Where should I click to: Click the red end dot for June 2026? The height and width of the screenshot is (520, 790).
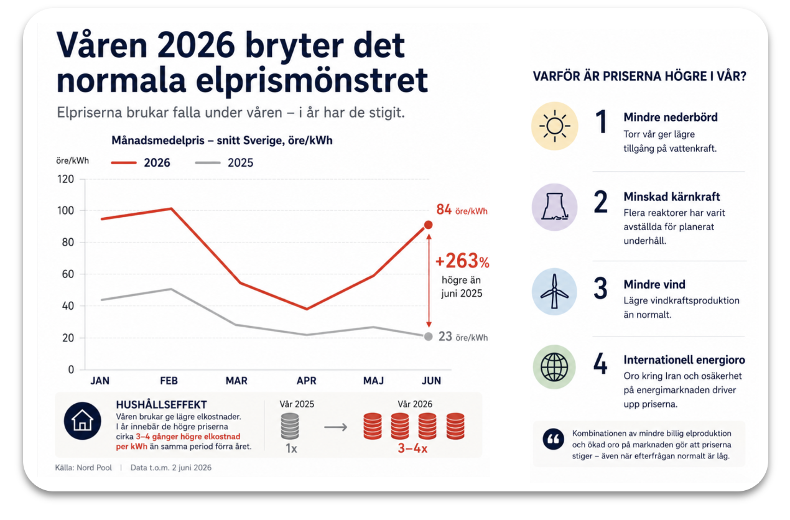click(428, 225)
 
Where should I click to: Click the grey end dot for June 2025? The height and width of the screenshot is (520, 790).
click(428, 337)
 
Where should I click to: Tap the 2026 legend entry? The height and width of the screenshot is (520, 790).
click(141, 162)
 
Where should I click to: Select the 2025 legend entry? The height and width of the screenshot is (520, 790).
click(225, 162)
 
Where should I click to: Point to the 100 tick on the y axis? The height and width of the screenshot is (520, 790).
click(65, 211)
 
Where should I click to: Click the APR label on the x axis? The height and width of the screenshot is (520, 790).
click(307, 381)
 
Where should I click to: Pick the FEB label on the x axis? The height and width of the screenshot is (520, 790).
click(169, 381)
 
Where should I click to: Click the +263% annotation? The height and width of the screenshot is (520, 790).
click(462, 261)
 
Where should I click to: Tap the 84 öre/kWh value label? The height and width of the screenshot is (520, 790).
click(462, 210)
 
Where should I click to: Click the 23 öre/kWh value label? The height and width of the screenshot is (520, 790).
click(463, 337)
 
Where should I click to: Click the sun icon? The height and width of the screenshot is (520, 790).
click(555, 126)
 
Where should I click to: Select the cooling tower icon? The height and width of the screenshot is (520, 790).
click(555, 207)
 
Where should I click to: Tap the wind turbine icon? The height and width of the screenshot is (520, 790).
click(554, 291)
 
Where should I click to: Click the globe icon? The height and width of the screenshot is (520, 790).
click(554, 367)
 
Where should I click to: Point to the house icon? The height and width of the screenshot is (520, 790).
click(83, 421)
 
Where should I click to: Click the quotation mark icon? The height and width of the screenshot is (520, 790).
click(554, 439)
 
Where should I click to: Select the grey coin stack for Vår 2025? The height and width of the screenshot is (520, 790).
click(290, 426)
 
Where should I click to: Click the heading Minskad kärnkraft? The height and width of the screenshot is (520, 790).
click(672, 197)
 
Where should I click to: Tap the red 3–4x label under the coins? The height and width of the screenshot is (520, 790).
click(412, 448)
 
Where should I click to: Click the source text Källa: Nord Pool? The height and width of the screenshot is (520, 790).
click(83, 468)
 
